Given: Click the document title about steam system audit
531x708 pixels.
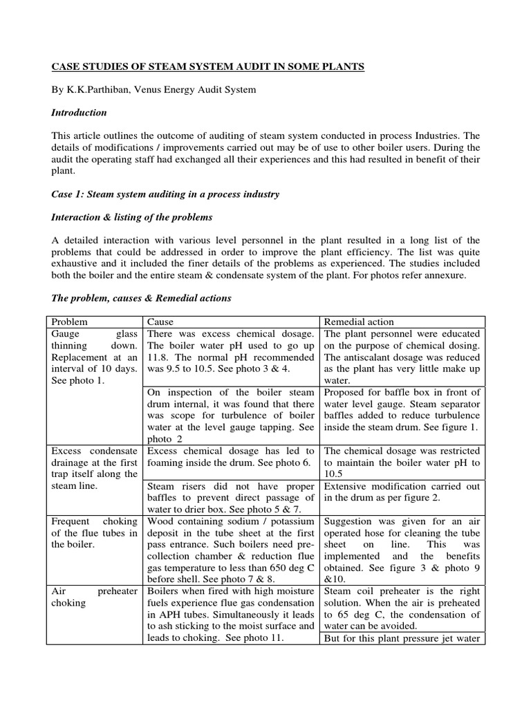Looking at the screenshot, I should click(x=208, y=66).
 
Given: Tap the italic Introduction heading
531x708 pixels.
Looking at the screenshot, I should click(x=80, y=113).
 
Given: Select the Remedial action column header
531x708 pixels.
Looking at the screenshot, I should click(x=360, y=322).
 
